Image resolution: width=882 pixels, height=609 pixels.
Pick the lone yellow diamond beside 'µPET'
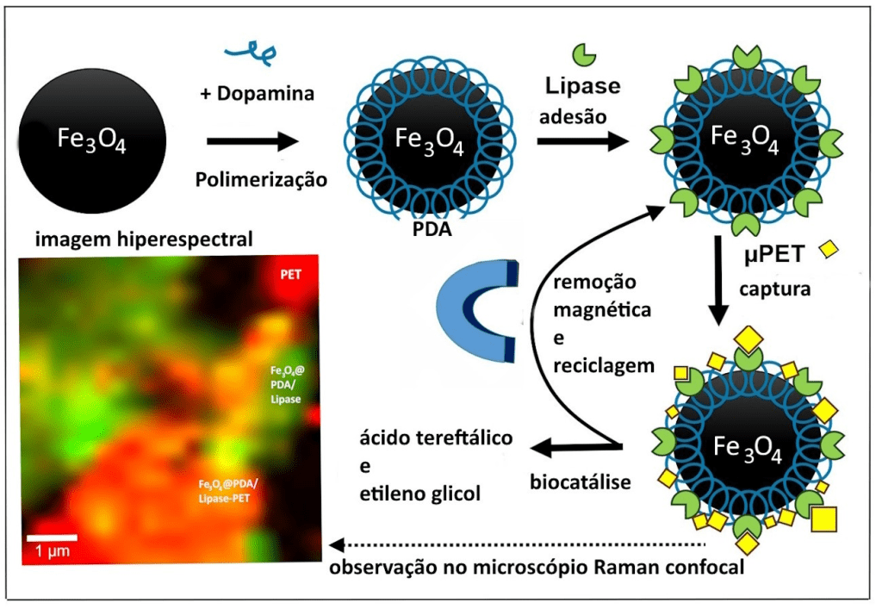coord(829,249)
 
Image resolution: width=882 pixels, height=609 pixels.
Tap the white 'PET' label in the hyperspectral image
coord(293,276)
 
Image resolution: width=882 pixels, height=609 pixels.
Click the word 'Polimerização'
coord(261,180)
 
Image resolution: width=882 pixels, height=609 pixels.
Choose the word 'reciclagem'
coord(603,365)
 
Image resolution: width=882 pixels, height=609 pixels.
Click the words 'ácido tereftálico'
coord(437,438)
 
